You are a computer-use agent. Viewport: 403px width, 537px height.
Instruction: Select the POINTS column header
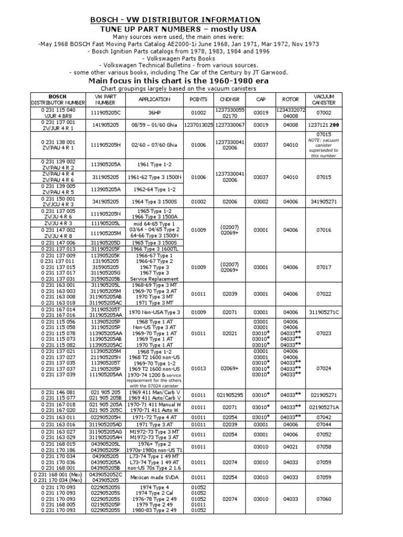pos(199,99)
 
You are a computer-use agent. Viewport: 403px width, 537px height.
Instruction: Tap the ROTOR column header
pos(290,99)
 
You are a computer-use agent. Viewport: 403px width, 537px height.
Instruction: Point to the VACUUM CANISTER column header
pos(324,99)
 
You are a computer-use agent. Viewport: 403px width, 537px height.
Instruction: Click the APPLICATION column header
pos(154,99)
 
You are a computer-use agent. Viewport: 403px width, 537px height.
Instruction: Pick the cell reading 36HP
pos(154,113)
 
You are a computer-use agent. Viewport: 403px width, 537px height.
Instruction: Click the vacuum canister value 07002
pos(324,113)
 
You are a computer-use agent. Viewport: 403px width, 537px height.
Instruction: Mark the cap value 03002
pos(261,201)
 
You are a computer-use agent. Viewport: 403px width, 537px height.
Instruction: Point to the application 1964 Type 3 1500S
pos(154,201)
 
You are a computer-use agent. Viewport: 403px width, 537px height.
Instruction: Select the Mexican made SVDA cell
pos(154,478)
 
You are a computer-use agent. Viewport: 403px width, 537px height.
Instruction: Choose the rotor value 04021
pos(290,447)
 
